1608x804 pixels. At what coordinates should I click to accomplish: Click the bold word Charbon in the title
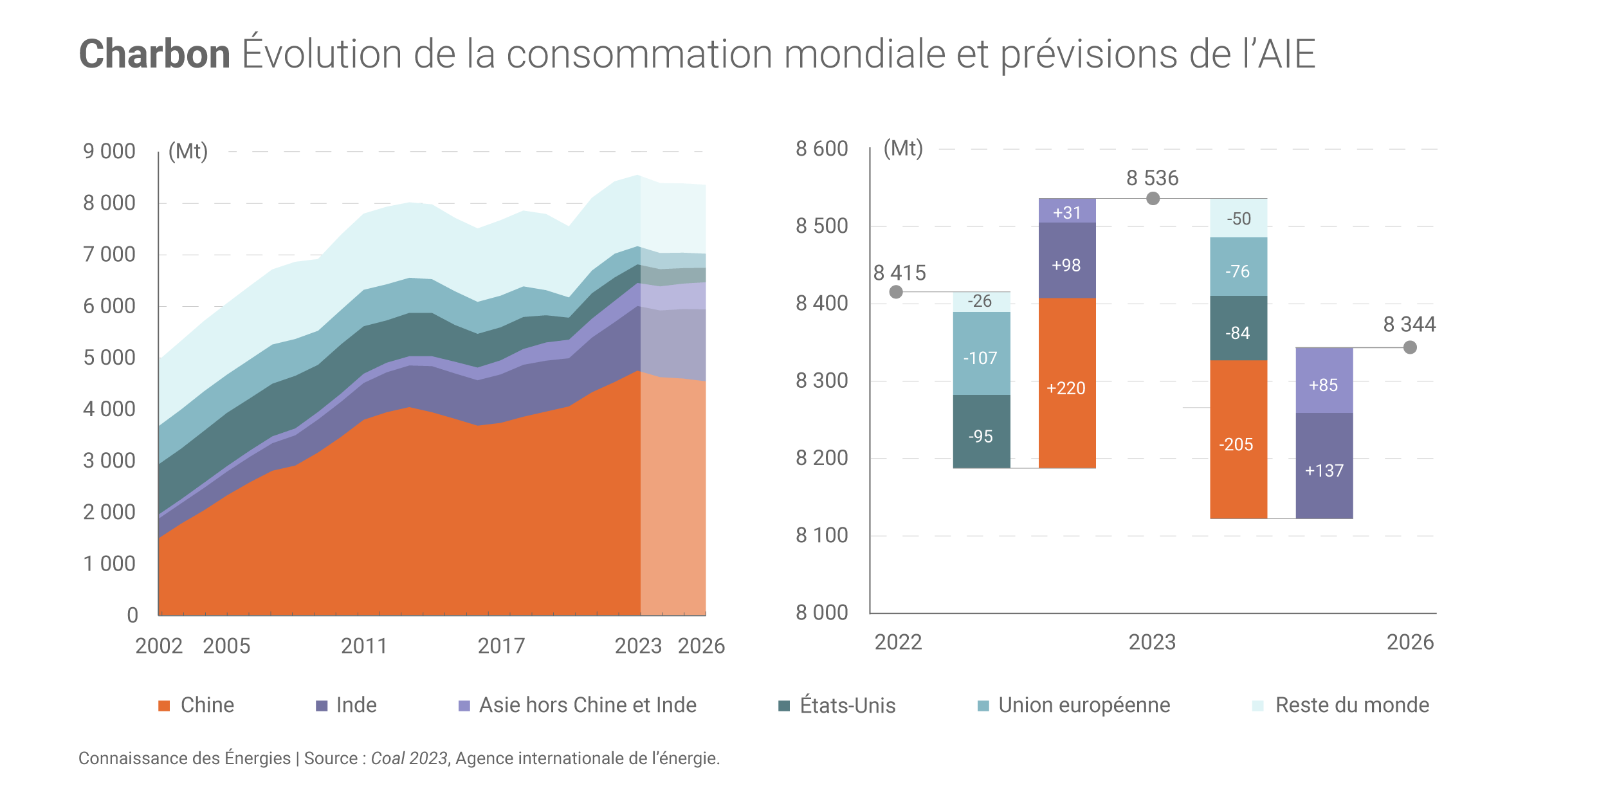154,54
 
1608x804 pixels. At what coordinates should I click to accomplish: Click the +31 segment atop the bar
1066,211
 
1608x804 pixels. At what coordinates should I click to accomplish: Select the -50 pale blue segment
1238,218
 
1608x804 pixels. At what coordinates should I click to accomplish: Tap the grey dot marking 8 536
1153,199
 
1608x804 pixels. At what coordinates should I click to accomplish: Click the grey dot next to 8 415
896,292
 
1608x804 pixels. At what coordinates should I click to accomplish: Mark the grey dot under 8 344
1410,348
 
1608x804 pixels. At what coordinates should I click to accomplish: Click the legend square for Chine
164,706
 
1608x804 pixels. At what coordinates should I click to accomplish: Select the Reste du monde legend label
1351,705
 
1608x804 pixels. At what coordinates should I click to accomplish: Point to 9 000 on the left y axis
109,152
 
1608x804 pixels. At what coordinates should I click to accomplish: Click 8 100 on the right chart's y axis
821,535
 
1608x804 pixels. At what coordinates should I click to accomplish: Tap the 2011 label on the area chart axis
364,646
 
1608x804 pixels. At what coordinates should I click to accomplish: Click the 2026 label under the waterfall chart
1410,642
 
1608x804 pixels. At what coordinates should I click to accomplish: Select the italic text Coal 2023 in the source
409,758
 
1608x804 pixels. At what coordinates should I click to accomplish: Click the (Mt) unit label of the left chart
188,152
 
